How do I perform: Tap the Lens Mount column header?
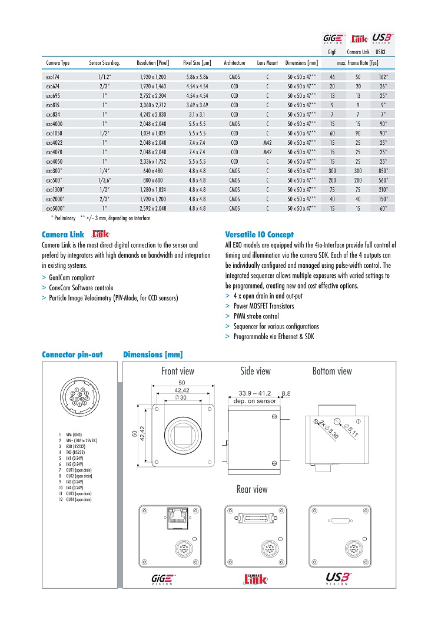pyautogui.click(x=267, y=62)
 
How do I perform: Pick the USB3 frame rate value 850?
pyautogui.click(x=383, y=170)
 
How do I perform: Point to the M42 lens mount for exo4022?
pyautogui.click(x=267, y=142)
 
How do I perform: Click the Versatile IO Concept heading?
pyautogui.click(x=260, y=234)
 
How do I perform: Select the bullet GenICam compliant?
pyautogui.click(x=71, y=277)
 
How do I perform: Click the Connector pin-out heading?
pyautogui.click(x=72, y=354)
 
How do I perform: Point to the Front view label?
pyautogui.click(x=178, y=371)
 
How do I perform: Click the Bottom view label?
pyautogui.click(x=332, y=371)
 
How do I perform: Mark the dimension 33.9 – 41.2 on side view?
pyautogui.click(x=254, y=393)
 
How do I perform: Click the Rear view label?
pyautogui.click(x=252, y=489)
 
